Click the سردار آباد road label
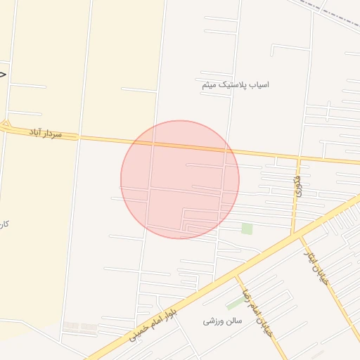pos(46,133)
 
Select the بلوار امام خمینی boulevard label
pos(153,321)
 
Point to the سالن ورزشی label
pos(222,321)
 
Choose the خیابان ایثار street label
pos(316,266)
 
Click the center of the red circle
pos(180,179)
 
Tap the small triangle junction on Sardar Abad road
pos(6,124)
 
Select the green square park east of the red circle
pos(247,229)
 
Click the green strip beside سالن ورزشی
pos(236,303)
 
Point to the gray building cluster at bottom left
pos(79,328)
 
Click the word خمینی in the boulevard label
pos(139,329)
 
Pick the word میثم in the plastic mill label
pos(208,84)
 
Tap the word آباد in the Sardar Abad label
pos(37,131)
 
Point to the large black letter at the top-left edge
pos(3,72)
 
